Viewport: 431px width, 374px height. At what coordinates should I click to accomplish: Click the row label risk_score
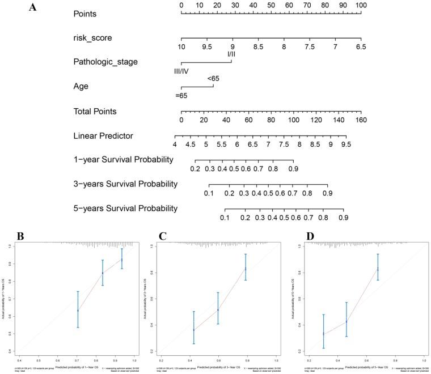[93, 38]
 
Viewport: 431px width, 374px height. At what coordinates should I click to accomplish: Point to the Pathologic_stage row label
[105, 61]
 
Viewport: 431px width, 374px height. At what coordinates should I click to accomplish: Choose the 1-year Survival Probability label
[123, 160]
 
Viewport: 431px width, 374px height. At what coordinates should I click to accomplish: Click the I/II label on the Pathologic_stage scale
[231, 54]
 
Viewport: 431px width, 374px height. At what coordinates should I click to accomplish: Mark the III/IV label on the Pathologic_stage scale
[185, 71]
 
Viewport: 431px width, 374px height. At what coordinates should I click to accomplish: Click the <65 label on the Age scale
[213, 78]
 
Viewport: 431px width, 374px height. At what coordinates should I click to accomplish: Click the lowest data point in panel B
[78, 311]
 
